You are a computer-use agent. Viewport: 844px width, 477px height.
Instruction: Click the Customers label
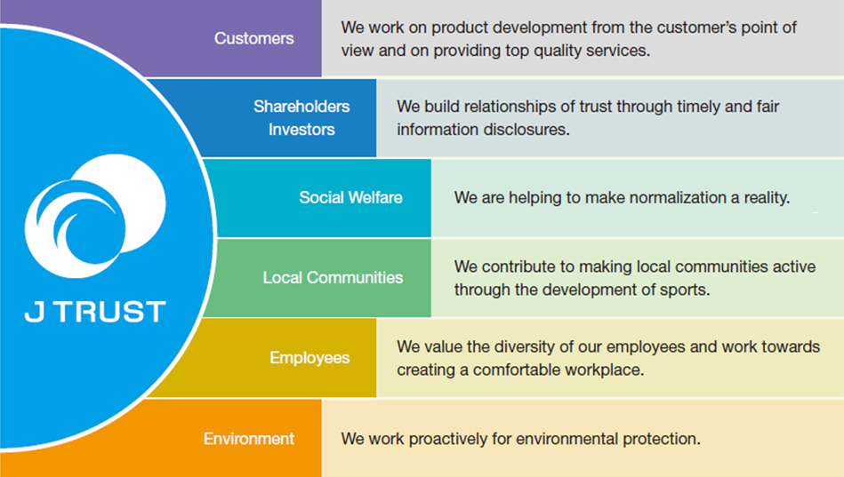tap(253, 39)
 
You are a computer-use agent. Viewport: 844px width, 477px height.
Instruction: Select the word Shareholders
tap(301, 107)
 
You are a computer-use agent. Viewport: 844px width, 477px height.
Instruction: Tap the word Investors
tap(301, 130)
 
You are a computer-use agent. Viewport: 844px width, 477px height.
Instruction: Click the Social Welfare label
tap(350, 197)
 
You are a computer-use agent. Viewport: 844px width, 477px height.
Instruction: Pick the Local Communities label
tap(333, 278)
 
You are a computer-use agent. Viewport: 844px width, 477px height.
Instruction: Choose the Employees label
tap(309, 358)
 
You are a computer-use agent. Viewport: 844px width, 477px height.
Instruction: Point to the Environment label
tap(249, 439)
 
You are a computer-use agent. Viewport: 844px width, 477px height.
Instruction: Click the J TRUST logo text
tap(94, 312)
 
